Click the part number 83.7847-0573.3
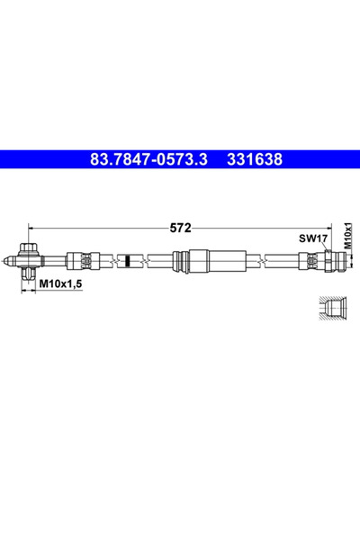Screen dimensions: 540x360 [x=149, y=159]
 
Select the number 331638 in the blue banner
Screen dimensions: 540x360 [x=254, y=159]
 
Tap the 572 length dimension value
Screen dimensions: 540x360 [x=180, y=228]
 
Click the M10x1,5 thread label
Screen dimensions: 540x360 [x=61, y=283]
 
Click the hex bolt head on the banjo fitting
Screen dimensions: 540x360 [x=28, y=248]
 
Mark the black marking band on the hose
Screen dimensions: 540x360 [x=130, y=261]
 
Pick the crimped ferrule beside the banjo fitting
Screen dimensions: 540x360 [x=78, y=261]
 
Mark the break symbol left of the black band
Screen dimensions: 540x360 [x=115, y=261]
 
